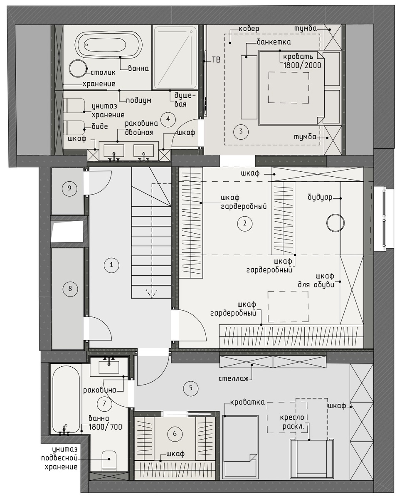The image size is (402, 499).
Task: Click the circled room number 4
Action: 168,119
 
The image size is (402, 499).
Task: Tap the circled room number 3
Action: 241,131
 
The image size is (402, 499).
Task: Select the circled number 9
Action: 69,188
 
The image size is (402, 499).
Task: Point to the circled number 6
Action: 175,434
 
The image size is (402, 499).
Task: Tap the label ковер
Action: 249,29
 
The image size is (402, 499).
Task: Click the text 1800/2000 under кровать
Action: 302,66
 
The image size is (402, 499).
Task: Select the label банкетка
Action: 274,42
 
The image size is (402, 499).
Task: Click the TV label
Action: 216,60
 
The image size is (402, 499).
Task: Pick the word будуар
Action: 320,198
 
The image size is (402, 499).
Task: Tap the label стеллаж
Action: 234,379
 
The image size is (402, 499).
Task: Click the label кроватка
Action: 247,402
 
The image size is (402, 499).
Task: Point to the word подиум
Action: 138,101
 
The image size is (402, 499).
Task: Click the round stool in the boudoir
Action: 335,222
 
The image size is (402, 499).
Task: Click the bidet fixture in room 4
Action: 75,128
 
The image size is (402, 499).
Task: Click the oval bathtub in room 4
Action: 109,44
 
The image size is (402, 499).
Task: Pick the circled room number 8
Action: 70,289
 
